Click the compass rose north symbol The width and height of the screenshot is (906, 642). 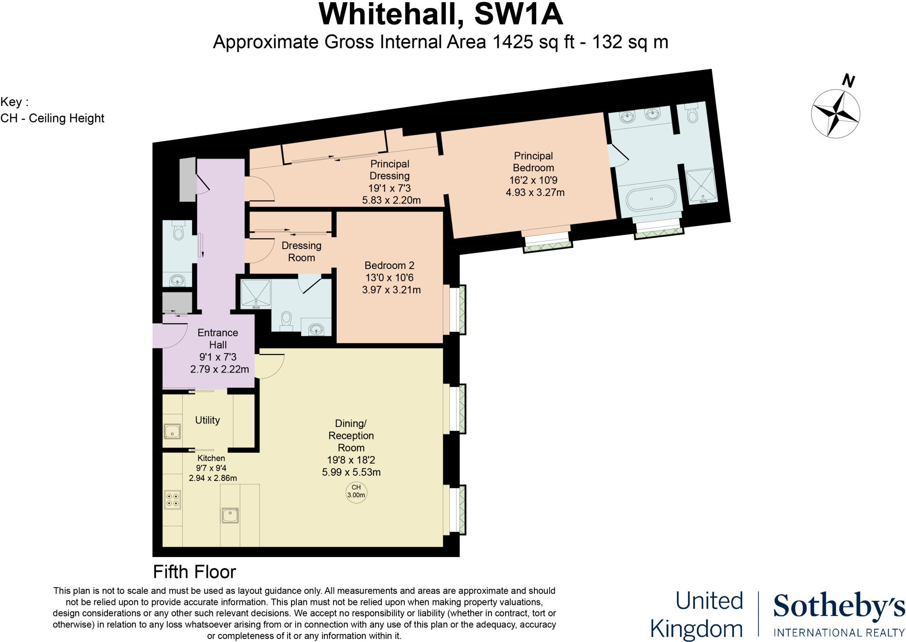pyautogui.click(x=836, y=113)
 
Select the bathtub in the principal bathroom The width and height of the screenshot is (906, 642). pyautogui.click(x=651, y=199)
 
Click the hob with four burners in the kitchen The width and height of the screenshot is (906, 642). pyautogui.click(x=173, y=500)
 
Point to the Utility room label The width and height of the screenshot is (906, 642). pyautogui.click(x=207, y=420)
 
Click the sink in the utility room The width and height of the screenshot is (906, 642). pyautogui.click(x=172, y=431)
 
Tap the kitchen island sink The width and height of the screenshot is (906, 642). pyautogui.click(x=230, y=515)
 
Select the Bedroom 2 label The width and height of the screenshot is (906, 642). pyautogui.click(x=389, y=265)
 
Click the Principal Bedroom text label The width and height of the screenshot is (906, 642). pyautogui.click(x=533, y=162)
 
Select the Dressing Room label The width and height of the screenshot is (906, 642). pyautogui.click(x=301, y=251)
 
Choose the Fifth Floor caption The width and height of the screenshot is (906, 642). pyautogui.click(x=194, y=572)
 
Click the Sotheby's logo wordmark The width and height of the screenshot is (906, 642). pyautogui.click(x=839, y=607)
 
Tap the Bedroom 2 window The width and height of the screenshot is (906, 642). pyautogui.click(x=456, y=309)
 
